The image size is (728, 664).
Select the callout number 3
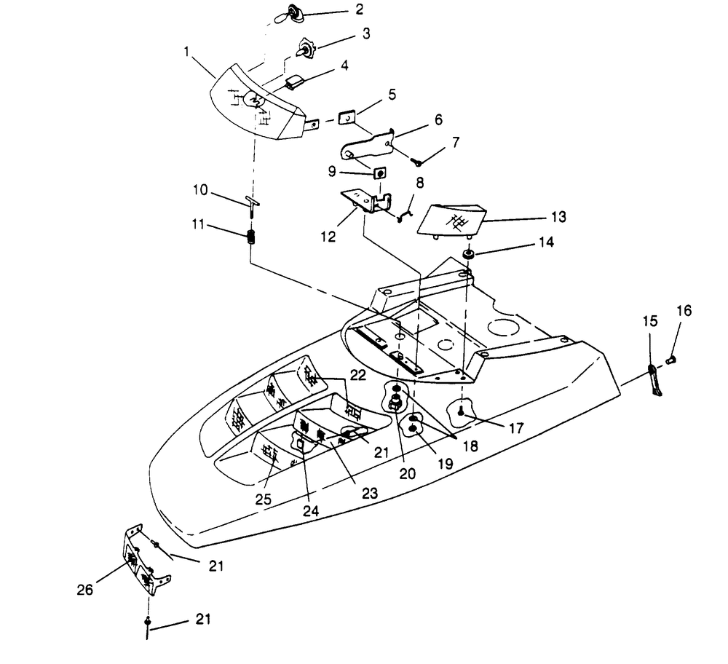365,34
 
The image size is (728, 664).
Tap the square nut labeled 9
379,173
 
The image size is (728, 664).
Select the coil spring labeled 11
251,237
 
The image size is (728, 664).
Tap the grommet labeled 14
470,254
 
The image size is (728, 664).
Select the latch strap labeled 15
654,379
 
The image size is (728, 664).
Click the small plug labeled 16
673,357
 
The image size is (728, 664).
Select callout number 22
357,374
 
